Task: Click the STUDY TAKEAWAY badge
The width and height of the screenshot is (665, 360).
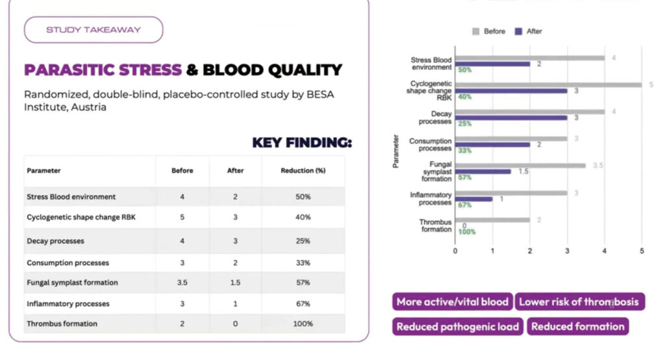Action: (x=93, y=29)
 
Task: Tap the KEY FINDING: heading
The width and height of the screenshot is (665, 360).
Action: (x=301, y=142)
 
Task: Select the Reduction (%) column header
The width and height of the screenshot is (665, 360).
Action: (x=303, y=171)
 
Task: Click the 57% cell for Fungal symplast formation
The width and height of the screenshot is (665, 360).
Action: (x=302, y=283)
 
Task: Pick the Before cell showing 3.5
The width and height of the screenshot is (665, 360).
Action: (x=182, y=283)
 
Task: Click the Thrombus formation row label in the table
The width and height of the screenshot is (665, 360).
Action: (x=62, y=324)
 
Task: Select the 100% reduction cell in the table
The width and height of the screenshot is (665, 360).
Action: (x=303, y=324)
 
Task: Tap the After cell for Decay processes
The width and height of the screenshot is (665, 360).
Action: (x=236, y=241)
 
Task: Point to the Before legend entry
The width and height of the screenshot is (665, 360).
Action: (x=488, y=31)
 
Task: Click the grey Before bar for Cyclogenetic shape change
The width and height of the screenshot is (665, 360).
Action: (x=549, y=84)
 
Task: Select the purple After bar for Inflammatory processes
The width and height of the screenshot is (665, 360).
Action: (x=474, y=199)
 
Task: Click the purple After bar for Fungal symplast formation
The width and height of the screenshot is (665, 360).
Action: (x=483, y=172)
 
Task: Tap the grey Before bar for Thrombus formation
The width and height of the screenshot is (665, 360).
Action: (x=492, y=220)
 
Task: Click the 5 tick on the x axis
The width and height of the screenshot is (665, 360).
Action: (x=642, y=250)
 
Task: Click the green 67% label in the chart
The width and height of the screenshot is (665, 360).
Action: (x=465, y=205)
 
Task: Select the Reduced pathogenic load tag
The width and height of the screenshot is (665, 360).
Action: (x=458, y=327)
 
